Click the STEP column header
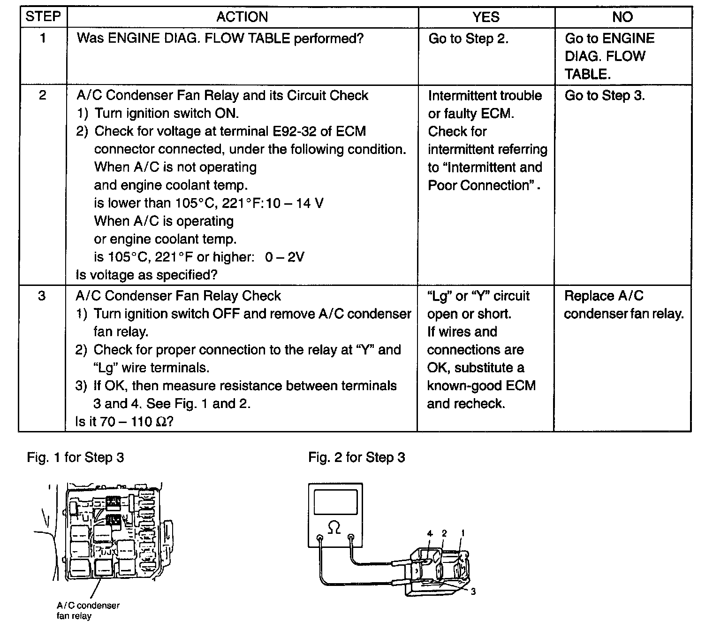43,16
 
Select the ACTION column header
242,17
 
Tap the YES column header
485,17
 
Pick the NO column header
622,17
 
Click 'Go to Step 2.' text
469,38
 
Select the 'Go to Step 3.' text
605,95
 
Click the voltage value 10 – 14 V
295,203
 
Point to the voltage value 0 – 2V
284,257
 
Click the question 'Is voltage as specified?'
147,275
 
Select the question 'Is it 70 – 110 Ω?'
124,422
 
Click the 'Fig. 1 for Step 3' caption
76,457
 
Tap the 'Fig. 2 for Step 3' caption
356,457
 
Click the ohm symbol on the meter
334,527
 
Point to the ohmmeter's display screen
335,502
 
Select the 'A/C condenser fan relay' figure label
88,610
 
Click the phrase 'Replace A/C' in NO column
604,296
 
